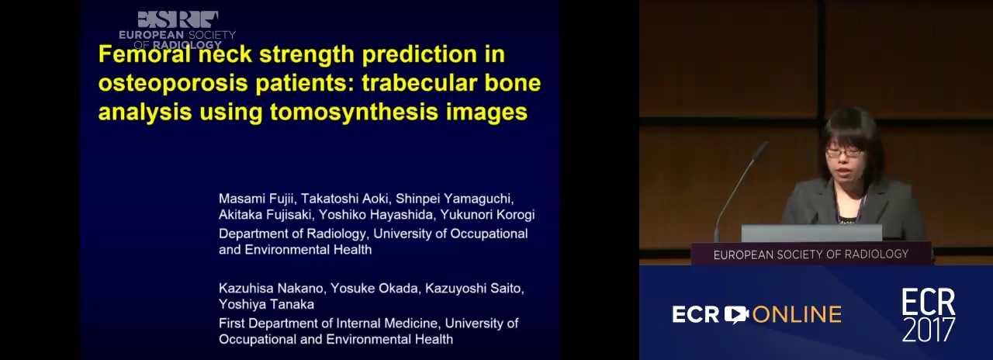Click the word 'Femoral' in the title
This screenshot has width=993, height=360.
tap(144, 54)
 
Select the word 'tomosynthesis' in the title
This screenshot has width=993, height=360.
tap(354, 112)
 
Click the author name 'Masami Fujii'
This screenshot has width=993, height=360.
tap(256, 199)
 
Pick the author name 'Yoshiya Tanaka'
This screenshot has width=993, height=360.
tap(266, 304)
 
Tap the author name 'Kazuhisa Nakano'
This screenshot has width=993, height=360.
tap(272, 288)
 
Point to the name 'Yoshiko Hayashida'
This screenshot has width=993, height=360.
tap(376, 215)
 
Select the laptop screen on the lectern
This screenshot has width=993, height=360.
tap(811, 233)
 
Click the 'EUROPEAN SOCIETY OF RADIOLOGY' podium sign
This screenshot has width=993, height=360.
tap(811, 254)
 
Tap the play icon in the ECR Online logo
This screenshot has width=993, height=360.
tap(736, 314)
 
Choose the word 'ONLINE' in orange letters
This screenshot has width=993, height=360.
tap(797, 314)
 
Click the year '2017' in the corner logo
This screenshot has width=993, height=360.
tap(929, 330)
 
